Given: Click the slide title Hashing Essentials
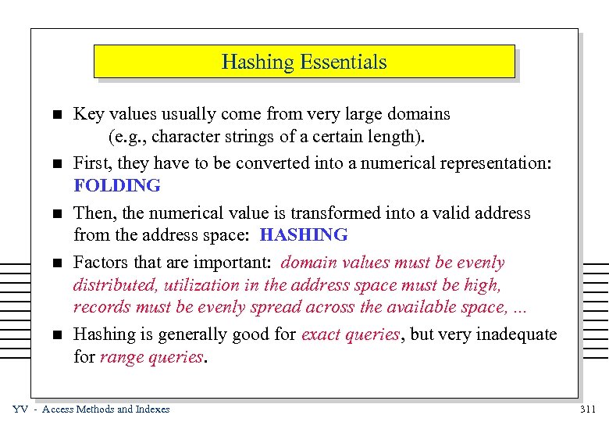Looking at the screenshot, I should point(304,62).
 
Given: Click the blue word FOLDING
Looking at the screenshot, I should point(117,186).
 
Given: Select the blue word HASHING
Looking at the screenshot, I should point(304,234).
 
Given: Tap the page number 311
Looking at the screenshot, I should point(588,409).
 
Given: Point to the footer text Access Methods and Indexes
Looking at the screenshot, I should point(105,409).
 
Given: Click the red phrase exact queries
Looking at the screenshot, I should point(350,334).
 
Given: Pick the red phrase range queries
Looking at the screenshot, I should point(152,357).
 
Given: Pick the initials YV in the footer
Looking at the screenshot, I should point(21,409).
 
